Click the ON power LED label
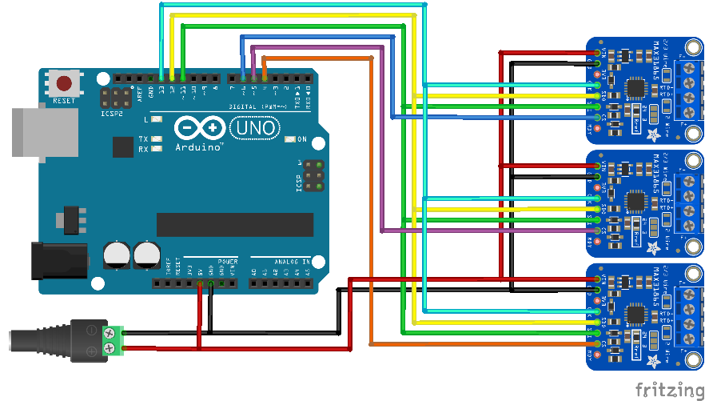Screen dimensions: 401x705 (x=302, y=140)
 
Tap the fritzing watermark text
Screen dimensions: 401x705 (x=665, y=389)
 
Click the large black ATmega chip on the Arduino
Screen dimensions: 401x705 (x=234, y=225)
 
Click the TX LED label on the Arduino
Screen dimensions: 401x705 (x=144, y=138)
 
